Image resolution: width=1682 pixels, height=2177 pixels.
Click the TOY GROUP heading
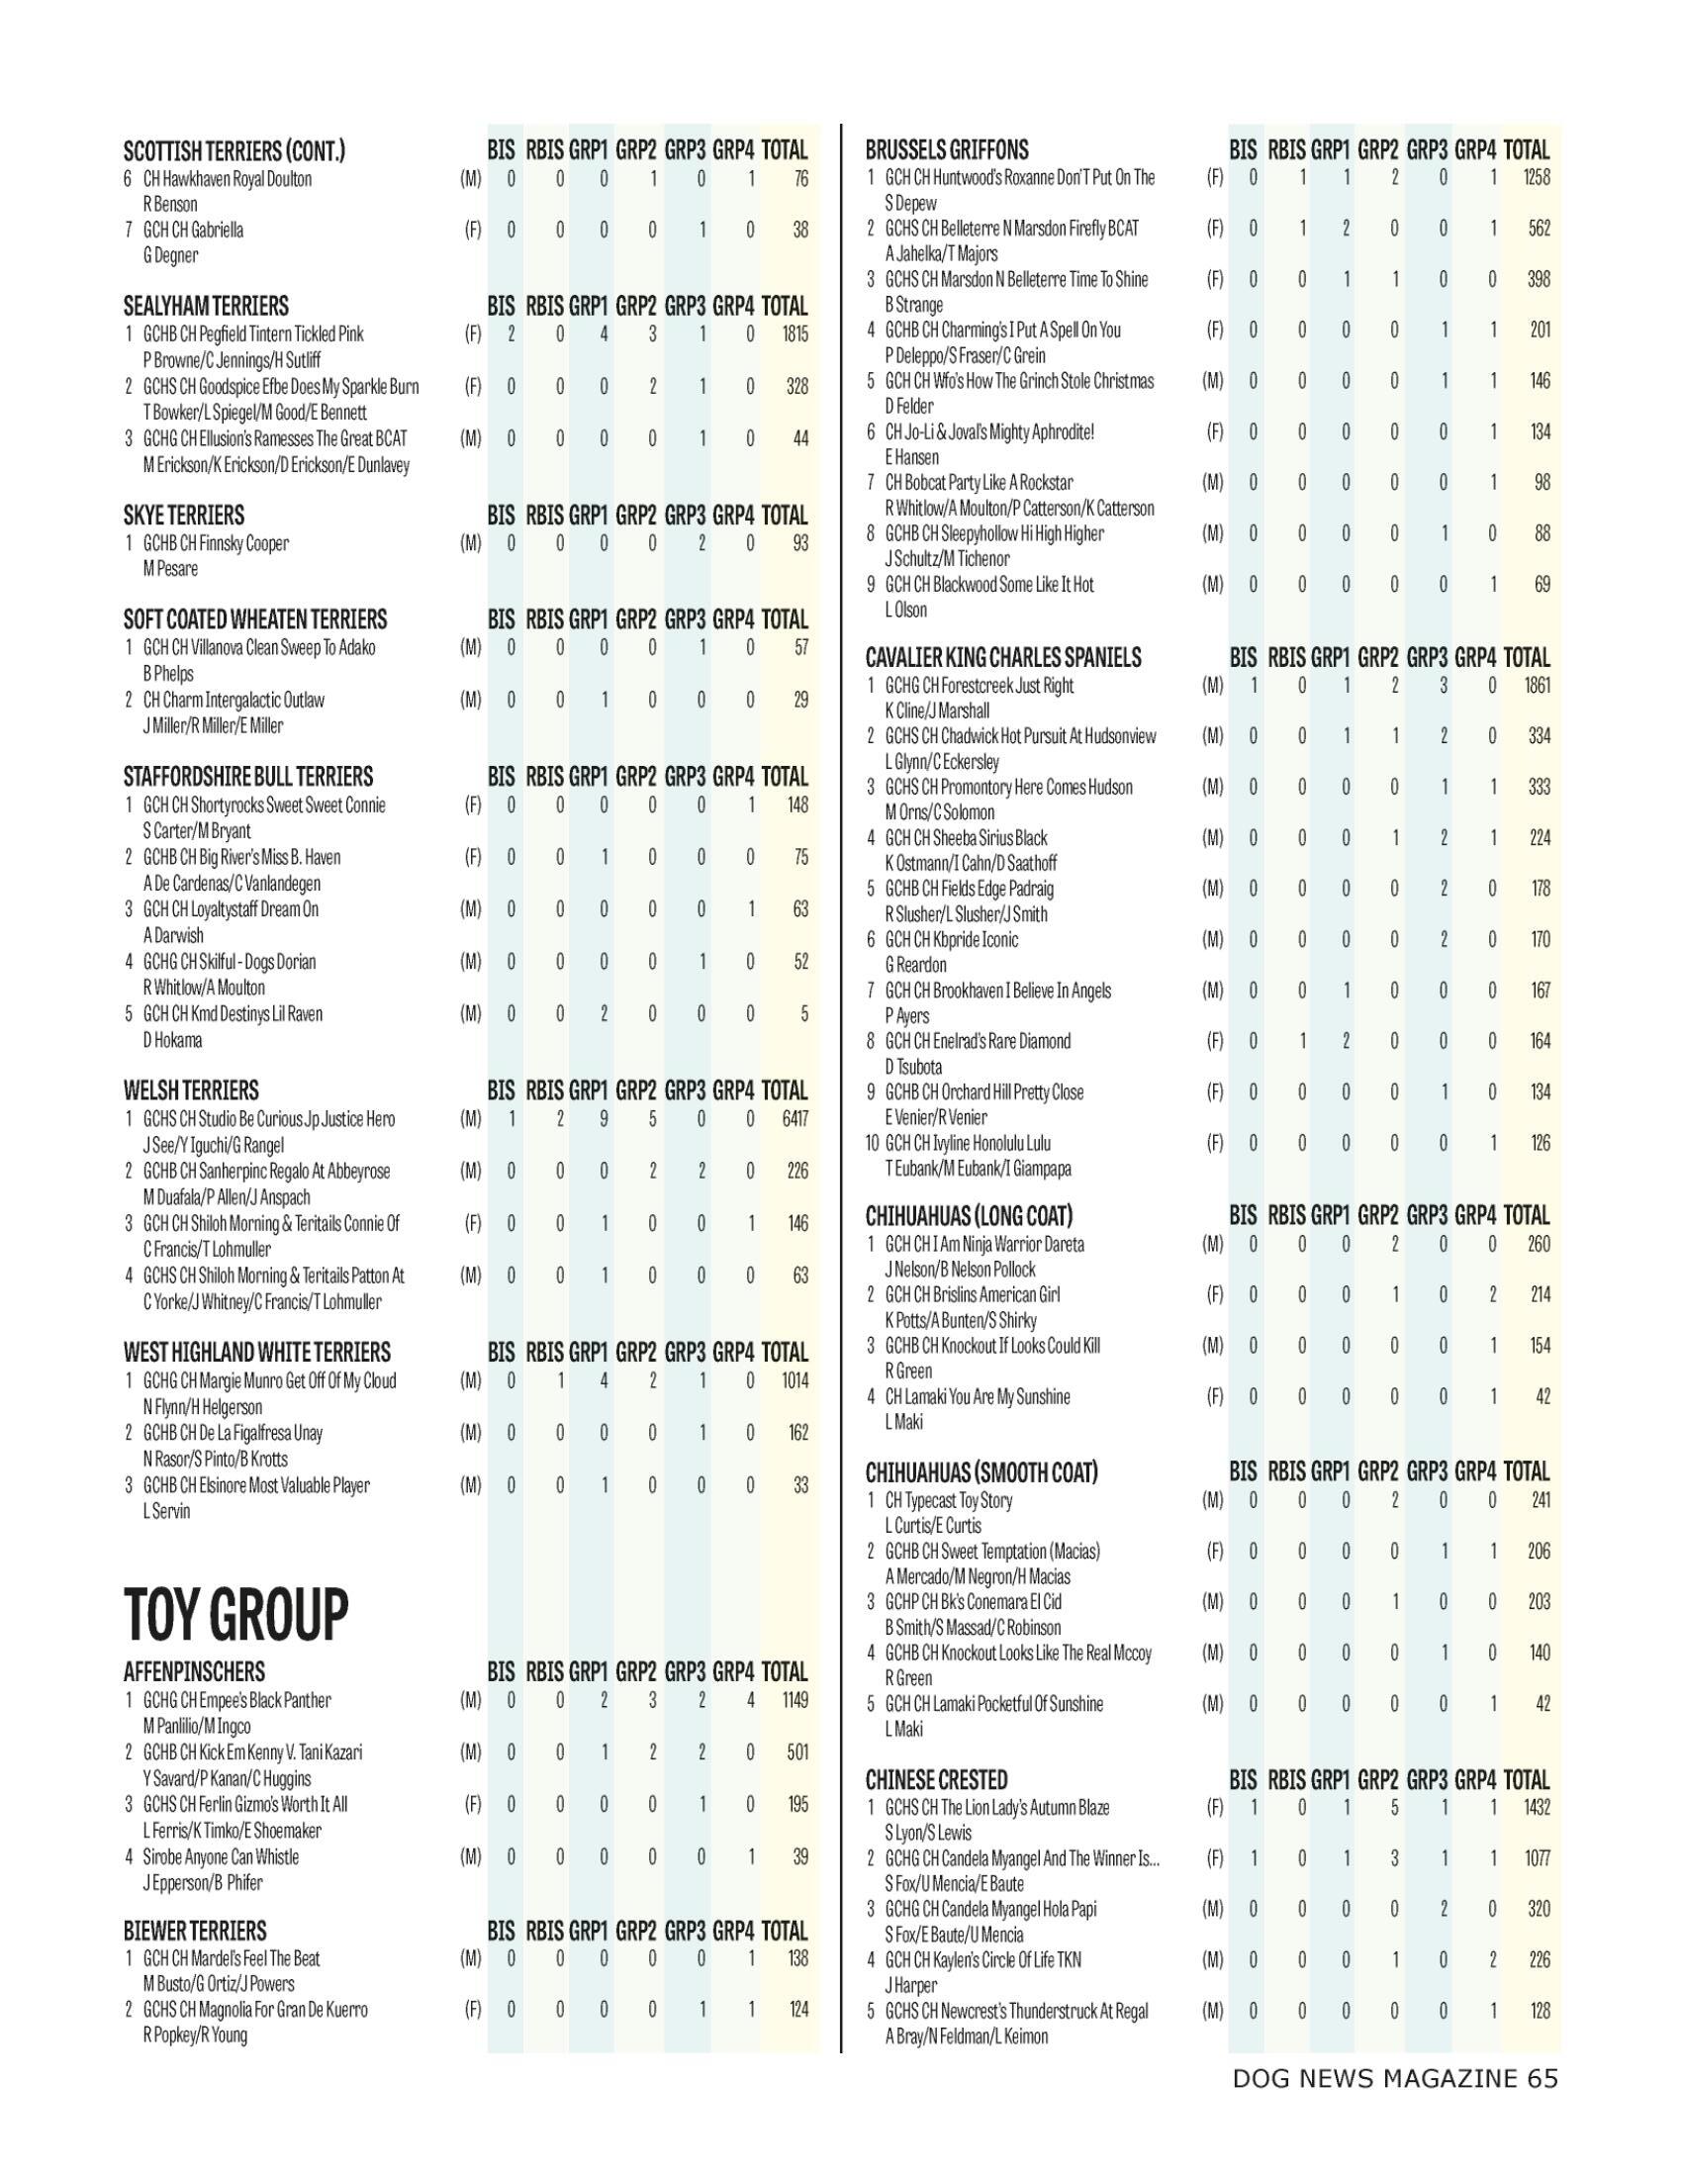click(236, 1614)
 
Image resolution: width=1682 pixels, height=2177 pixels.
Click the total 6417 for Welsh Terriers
click(794, 1118)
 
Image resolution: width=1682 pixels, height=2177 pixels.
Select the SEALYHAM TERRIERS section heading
click(206, 306)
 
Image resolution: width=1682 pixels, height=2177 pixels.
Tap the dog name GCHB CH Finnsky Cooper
click(216, 543)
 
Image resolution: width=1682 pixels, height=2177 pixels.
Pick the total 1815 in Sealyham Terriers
click(794, 333)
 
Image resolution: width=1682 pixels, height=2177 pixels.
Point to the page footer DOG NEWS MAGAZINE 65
click(1394, 2078)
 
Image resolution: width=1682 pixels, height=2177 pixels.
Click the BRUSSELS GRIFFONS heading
click(947, 150)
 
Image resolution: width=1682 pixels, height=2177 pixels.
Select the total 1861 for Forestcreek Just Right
click(1537, 685)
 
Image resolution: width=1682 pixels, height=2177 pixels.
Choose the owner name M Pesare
click(170, 569)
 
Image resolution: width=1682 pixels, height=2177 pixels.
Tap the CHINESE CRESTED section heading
click(936, 1779)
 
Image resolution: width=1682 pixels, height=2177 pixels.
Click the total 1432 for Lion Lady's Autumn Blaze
click(1537, 1807)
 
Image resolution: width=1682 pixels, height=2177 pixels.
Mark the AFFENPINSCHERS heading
click(194, 1671)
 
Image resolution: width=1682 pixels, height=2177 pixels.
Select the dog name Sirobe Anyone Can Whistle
click(221, 1856)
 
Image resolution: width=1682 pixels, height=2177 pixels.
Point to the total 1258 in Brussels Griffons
click(1537, 177)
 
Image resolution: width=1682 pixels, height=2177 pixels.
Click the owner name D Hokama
click(172, 1040)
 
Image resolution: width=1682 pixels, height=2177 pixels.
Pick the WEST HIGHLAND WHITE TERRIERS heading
click(257, 1353)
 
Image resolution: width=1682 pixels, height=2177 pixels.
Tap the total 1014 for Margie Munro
click(794, 1380)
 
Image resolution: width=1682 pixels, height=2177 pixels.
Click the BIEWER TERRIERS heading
click(195, 1930)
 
